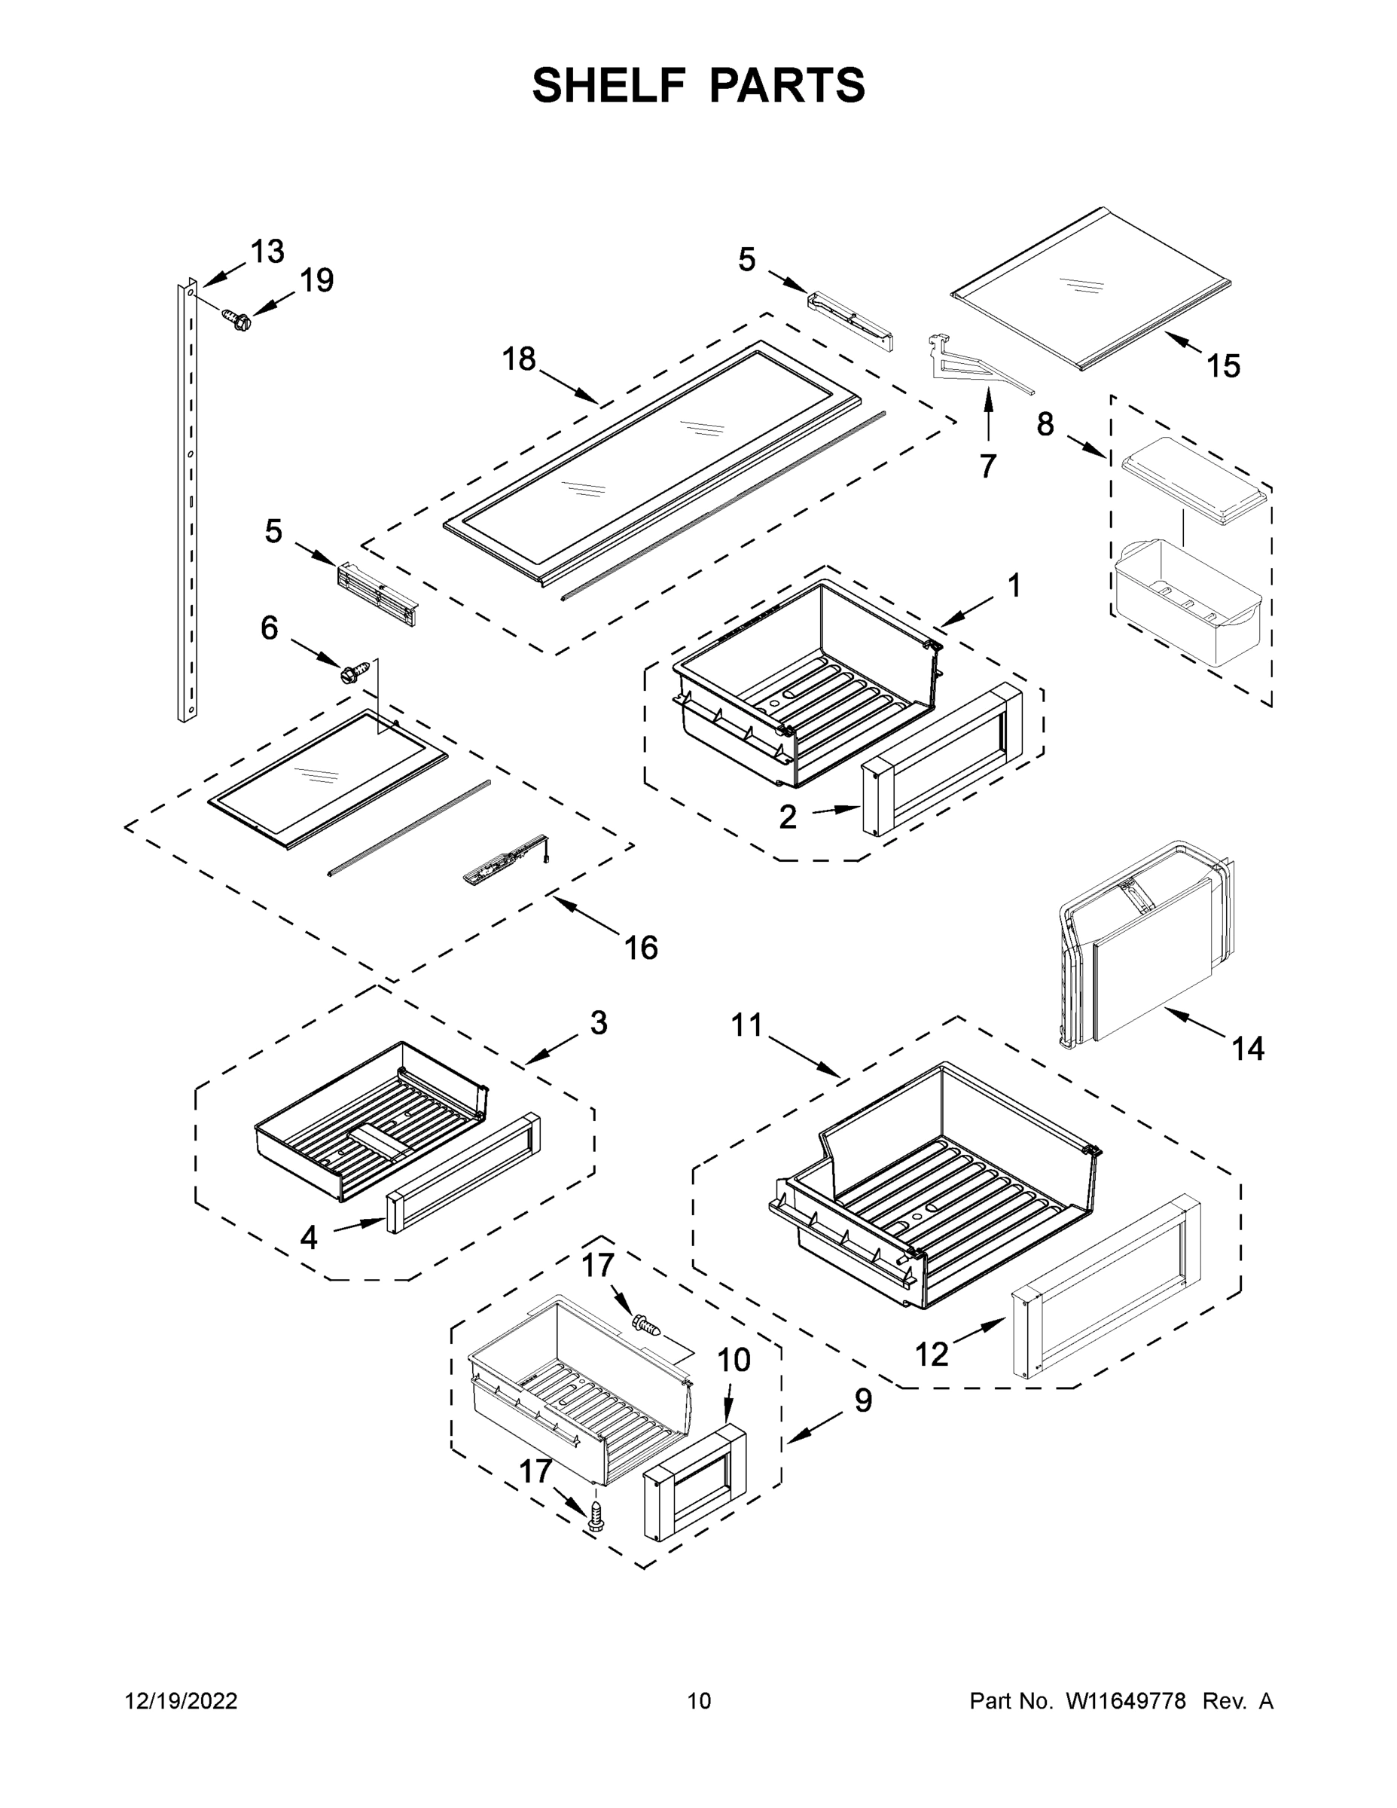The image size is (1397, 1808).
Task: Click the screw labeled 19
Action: pyautogui.click(x=236, y=319)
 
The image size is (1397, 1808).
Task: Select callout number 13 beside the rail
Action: pyautogui.click(x=267, y=252)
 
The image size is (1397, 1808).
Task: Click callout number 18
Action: pyautogui.click(x=519, y=359)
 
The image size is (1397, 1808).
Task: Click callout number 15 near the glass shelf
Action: pyautogui.click(x=1222, y=365)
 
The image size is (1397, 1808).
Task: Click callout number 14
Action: pyautogui.click(x=1247, y=1049)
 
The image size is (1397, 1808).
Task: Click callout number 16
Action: pyautogui.click(x=641, y=947)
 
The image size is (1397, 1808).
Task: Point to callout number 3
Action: pyautogui.click(x=599, y=1022)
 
